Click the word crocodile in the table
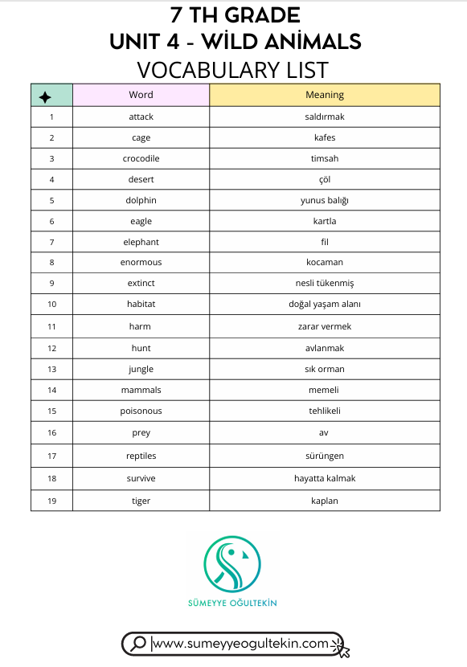coord(141,158)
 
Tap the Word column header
coord(141,95)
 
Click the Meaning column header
coord(325,95)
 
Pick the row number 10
coord(51,305)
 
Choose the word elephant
coord(141,242)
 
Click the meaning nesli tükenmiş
coord(325,284)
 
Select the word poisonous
coord(141,411)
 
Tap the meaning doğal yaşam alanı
coord(325,305)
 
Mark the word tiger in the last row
coord(141,501)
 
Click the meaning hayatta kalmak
coord(325,478)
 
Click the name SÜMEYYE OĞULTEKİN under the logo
coord(232,603)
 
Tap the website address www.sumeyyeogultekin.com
coord(240,643)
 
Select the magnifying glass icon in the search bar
coord(138,643)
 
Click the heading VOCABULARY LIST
coord(233,69)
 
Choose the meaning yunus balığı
coord(325,200)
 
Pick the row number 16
coord(51,432)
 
